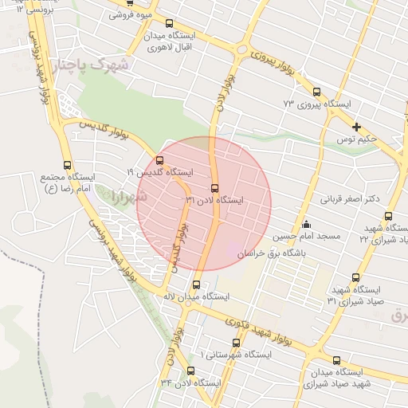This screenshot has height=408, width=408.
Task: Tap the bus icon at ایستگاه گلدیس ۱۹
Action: (159, 160)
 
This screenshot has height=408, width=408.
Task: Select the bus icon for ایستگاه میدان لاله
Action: (196, 284)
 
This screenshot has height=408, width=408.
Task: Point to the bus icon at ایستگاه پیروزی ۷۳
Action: (316, 92)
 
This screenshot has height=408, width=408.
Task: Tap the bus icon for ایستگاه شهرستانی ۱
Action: (236, 343)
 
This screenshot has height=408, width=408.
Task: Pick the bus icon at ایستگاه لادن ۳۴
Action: (190, 371)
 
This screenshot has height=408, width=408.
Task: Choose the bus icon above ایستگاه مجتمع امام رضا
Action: (67, 164)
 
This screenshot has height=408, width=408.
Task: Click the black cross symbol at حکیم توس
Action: (356, 127)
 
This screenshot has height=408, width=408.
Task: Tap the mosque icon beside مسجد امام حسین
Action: (306, 224)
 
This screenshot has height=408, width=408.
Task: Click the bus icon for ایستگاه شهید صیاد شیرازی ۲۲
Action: (388, 216)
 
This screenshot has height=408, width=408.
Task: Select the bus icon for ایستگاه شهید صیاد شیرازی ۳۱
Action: (355, 277)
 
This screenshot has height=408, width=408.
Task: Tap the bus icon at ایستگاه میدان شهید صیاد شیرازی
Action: (336, 360)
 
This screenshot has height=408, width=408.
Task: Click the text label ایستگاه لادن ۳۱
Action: (214, 200)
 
